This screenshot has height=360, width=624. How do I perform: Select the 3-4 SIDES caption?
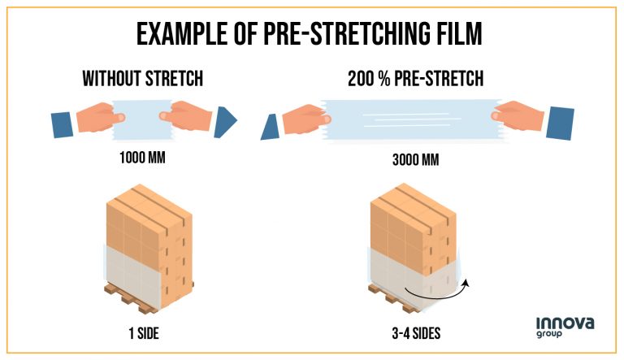[416, 331]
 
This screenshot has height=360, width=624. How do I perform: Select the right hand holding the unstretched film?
[190, 119]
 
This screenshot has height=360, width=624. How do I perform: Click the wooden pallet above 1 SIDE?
[140, 297]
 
